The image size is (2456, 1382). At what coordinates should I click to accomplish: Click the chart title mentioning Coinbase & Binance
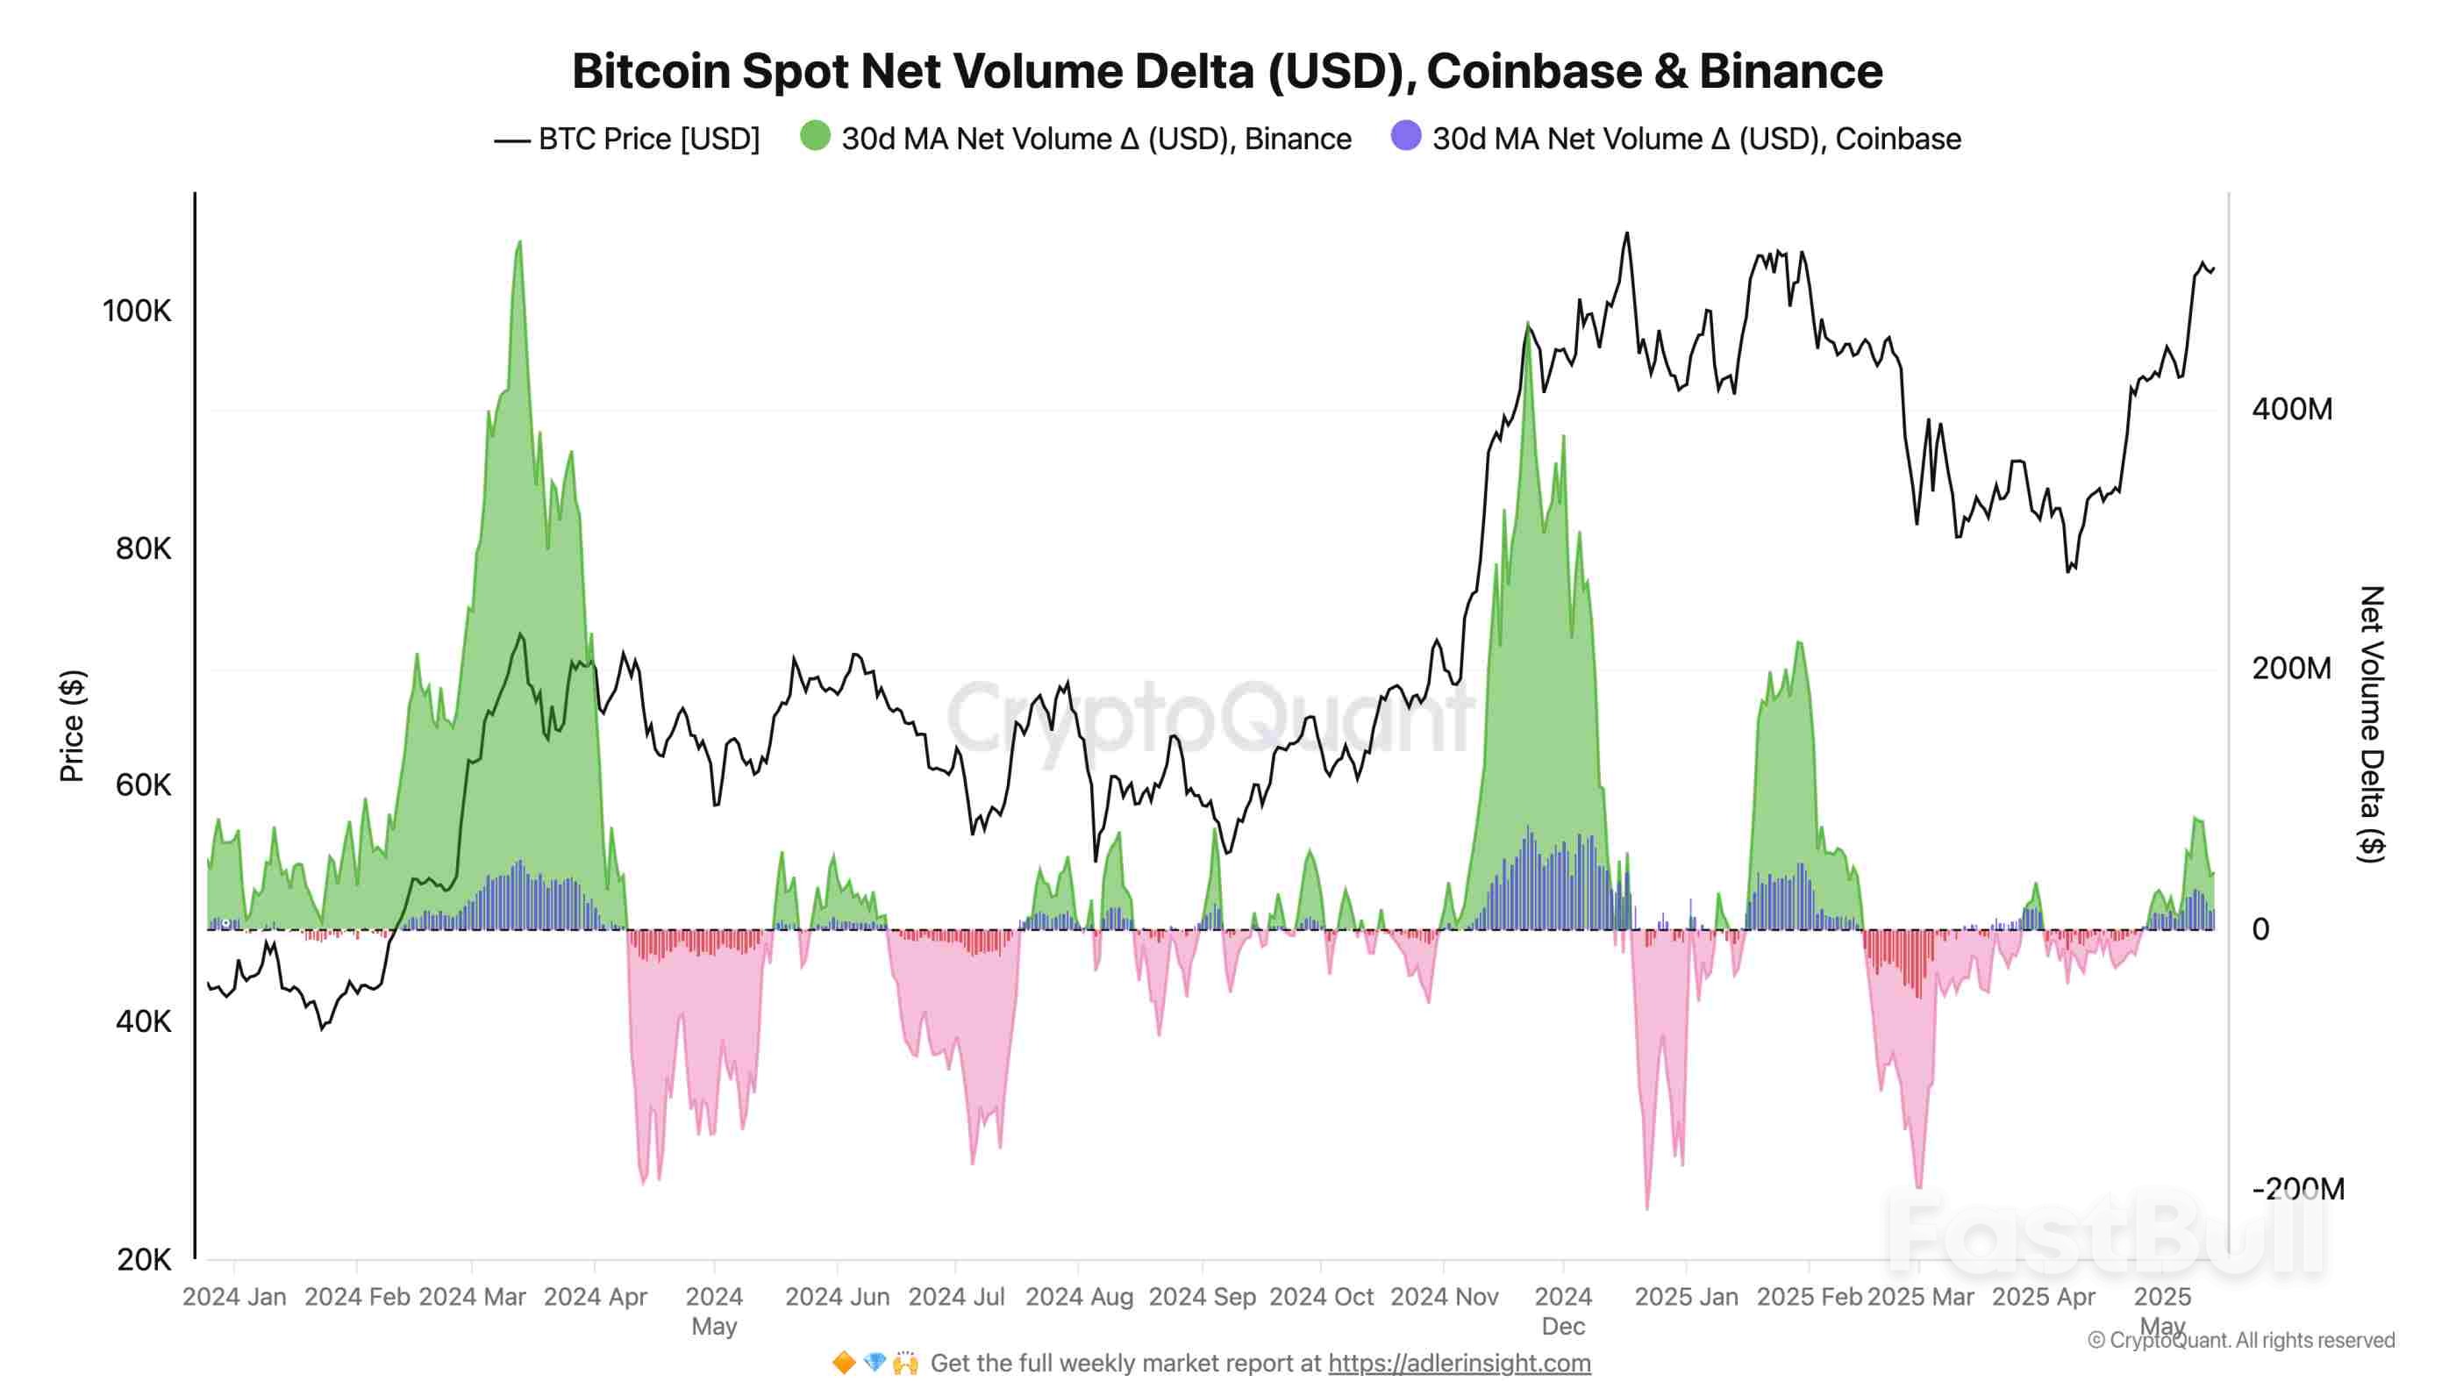(1227, 72)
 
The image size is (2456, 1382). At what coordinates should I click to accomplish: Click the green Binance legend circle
(815, 135)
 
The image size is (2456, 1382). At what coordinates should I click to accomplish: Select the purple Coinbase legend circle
(1406, 135)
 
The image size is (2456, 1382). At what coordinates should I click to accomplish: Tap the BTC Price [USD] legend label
(648, 140)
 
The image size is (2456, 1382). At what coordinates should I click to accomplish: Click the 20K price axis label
(143, 1260)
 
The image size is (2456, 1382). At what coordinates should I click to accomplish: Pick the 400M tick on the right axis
(2292, 409)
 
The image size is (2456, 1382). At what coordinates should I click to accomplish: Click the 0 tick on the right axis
(2260, 929)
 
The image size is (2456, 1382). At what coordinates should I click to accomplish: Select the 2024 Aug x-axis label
(1078, 1297)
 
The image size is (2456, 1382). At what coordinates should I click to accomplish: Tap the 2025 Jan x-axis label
(1686, 1297)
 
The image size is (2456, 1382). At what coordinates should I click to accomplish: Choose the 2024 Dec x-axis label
(1563, 1310)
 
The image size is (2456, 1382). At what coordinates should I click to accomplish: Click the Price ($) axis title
(72, 726)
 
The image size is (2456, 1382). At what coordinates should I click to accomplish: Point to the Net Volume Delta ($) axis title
(2371, 725)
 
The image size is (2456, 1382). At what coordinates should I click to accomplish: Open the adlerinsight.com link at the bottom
(1459, 1363)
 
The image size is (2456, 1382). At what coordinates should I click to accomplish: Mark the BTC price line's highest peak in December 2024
(1626, 233)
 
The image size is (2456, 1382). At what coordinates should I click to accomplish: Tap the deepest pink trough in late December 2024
(1646, 1207)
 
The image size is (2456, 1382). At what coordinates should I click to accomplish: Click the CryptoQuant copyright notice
(2240, 1340)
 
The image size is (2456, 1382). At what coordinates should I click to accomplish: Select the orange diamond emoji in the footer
(844, 1363)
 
